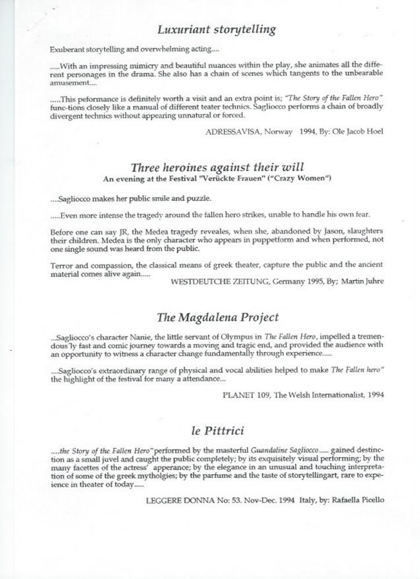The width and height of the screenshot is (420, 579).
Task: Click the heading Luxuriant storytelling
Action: coord(217,30)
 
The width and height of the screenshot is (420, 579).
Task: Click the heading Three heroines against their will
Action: coord(217,168)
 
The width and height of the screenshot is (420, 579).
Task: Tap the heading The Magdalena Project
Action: coord(217,317)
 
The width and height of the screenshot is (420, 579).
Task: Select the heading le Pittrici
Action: coord(217,431)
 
